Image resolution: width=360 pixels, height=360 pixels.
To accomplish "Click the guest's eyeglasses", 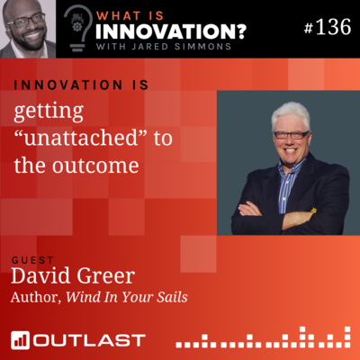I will [290, 135].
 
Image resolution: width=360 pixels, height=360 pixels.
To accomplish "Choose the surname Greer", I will [103, 275].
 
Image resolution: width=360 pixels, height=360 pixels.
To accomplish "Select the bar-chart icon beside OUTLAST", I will [20, 340].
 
